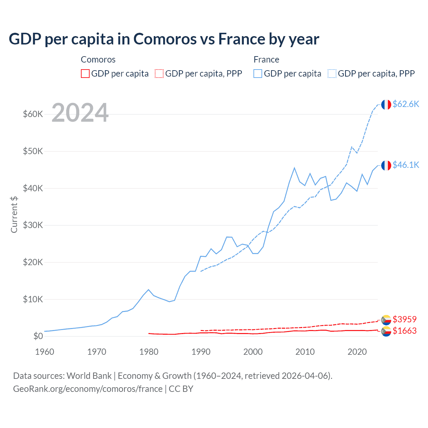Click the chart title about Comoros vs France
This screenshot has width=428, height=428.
click(x=164, y=39)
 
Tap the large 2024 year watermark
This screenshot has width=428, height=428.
click(x=80, y=113)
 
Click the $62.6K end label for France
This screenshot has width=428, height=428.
click(x=406, y=104)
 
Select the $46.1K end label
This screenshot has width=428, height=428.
click(x=406, y=165)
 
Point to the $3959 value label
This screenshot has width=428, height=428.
click(x=405, y=319)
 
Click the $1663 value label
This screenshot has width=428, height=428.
click(x=405, y=331)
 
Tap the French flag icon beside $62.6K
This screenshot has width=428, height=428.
click(x=386, y=105)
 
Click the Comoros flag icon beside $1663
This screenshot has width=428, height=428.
click(x=386, y=331)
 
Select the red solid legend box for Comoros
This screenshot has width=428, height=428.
click(x=85, y=74)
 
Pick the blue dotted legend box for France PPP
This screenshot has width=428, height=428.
click(x=332, y=74)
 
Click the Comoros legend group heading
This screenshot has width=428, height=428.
click(x=98, y=60)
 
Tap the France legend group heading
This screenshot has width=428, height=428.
click(x=266, y=60)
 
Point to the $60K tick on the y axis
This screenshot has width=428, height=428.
click(x=33, y=114)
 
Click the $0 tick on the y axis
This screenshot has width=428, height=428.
click(x=38, y=336)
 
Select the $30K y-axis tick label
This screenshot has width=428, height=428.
click(x=33, y=225)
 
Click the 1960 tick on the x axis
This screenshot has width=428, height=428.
click(x=44, y=352)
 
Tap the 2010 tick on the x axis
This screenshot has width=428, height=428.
click(x=305, y=352)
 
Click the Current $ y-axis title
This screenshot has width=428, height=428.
click(x=14, y=214)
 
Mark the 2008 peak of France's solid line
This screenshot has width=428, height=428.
click(x=294, y=168)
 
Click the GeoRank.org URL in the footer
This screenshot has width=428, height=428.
click(x=88, y=389)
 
